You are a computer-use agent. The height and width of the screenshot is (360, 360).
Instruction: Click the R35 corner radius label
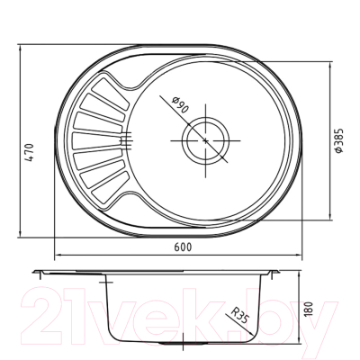[x=239, y=315]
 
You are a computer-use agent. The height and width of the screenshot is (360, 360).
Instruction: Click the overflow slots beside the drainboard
[x=129, y=137]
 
